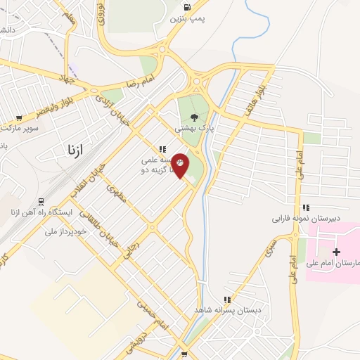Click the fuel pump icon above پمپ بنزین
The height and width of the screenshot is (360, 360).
[186, 8]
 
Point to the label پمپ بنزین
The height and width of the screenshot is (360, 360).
[184, 19]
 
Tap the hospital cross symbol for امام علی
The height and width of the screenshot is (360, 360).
[336, 251]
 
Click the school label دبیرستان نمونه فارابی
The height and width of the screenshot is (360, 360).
[307, 218]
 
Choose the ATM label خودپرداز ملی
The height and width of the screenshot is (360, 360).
[65, 230]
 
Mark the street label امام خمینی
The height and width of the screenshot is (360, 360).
[152, 313]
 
